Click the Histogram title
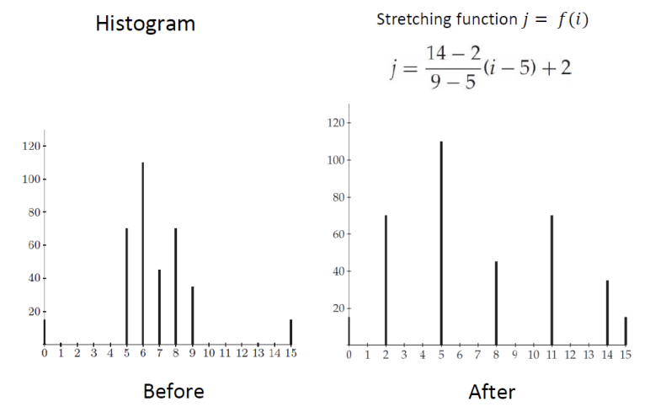pyautogui.click(x=145, y=24)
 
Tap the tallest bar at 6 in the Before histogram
pyautogui.click(x=143, y=253)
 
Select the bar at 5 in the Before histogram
pyautogui.click(x=126, y=287)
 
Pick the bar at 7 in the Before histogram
pyautogui.click(x=159, y=307)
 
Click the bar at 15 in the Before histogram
pyautogui.click(x=290, y=332)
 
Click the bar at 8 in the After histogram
pyautogui.click(x=496, y=303)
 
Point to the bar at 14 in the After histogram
pyautogui.click(x=607, y=312)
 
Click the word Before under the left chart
pyautogui.click(x=173, y=391)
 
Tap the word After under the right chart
pyautogui.click(x=492, y=391)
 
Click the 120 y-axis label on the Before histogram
pyautogui.click(x=31, y=146)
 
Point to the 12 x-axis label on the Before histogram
pyautogui.click(x=242, y=354)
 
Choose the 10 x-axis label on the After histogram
pyautogui.click(x=533, y=356)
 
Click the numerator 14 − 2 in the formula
pyautogui.click(x=453, y=53)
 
